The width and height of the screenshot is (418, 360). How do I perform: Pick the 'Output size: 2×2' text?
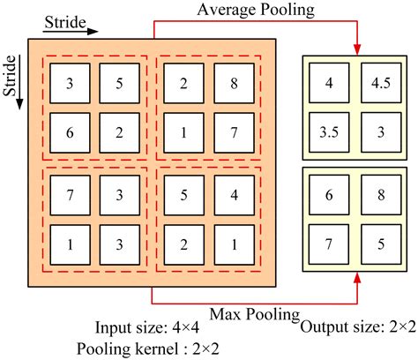coord(357,327)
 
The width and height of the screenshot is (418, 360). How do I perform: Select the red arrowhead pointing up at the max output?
coord(357,280)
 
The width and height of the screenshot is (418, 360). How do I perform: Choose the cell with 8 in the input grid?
coord(231,85)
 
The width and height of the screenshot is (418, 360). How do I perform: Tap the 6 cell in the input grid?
coord(71,132)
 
